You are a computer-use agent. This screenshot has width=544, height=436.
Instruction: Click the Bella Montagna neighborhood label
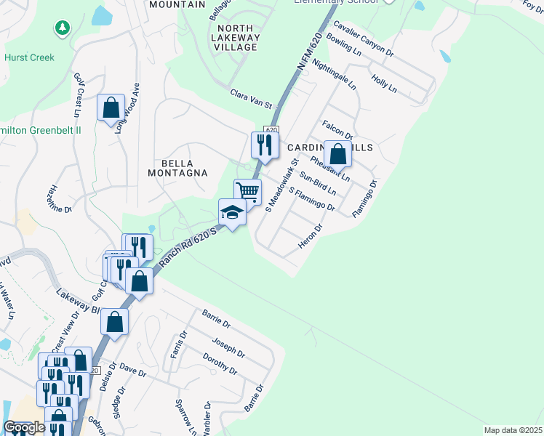click(x=178, y=167)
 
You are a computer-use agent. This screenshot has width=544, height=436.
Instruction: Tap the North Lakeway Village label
click(x=234, y=37)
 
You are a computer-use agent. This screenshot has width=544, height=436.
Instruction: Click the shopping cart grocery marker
click(x=247, y=192)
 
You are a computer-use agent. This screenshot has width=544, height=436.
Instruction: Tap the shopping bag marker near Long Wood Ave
click(x=111, y=108)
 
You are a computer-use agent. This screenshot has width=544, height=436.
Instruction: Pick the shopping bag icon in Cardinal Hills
click(x=338, y=153)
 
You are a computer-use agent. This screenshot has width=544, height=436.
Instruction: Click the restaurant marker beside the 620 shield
click(x=264, y=145)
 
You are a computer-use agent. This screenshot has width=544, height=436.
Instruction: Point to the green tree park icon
click(x=62, y=28)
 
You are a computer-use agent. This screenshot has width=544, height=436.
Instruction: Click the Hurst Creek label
click(x=29, y=57)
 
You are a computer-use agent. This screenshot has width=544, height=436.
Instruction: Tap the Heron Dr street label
click(x=310, y=238)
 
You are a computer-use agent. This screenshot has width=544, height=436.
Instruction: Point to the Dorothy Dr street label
click(x=220, y=363)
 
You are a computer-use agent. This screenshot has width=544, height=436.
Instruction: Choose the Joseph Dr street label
click(x=228, y=347)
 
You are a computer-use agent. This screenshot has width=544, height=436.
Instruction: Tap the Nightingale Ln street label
click(x=334, y=73)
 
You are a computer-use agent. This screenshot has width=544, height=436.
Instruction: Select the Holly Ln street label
click(x=384, y=83)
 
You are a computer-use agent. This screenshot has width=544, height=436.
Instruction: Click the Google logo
click(x=24, y=427)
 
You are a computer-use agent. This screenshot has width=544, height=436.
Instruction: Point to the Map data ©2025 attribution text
click(x=513, y=430)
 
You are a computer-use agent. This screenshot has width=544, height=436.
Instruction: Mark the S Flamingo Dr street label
click(x=311, y=201)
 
